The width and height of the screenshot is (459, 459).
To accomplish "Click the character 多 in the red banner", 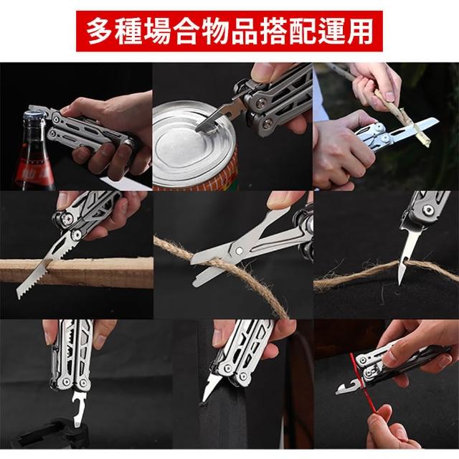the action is (x=99, y=32).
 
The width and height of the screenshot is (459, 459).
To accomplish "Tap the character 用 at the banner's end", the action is (x=360, y=32).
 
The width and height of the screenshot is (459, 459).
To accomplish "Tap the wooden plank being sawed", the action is (x=77, y=273).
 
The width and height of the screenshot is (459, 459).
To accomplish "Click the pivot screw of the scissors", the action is (x=239, y=250).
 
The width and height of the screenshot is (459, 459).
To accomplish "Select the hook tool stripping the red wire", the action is (x=349, y=387).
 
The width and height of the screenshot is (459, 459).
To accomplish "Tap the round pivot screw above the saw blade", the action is (x=77, y=235).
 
